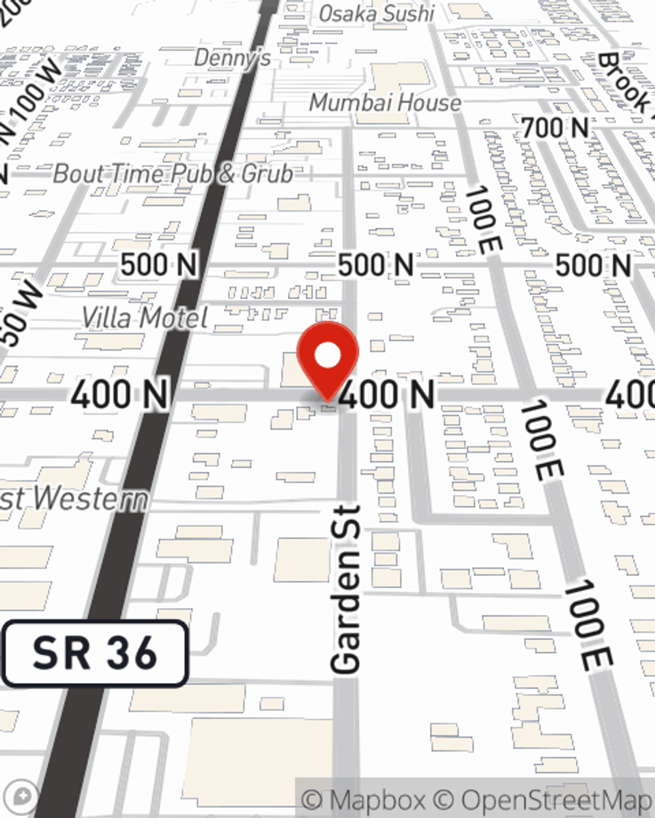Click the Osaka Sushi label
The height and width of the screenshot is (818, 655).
(376, 14)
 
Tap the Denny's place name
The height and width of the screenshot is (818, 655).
(233, 58)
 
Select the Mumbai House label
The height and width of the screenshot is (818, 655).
(385, 103)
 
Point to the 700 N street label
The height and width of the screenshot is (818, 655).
(555, 128)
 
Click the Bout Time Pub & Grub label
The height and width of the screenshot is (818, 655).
(173, 174)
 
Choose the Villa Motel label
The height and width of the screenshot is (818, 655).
(145, 318)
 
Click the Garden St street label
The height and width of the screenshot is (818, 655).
(346, 589)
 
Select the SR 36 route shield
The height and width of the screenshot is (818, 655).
(95, 653)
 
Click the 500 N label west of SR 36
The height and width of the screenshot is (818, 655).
(159, 265)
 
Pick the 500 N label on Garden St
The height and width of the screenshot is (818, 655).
(375, 265)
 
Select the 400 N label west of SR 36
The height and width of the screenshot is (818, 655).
(120, 395)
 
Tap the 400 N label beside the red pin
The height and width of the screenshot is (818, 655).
(388, 395)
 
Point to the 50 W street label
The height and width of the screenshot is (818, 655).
(20, 314)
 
